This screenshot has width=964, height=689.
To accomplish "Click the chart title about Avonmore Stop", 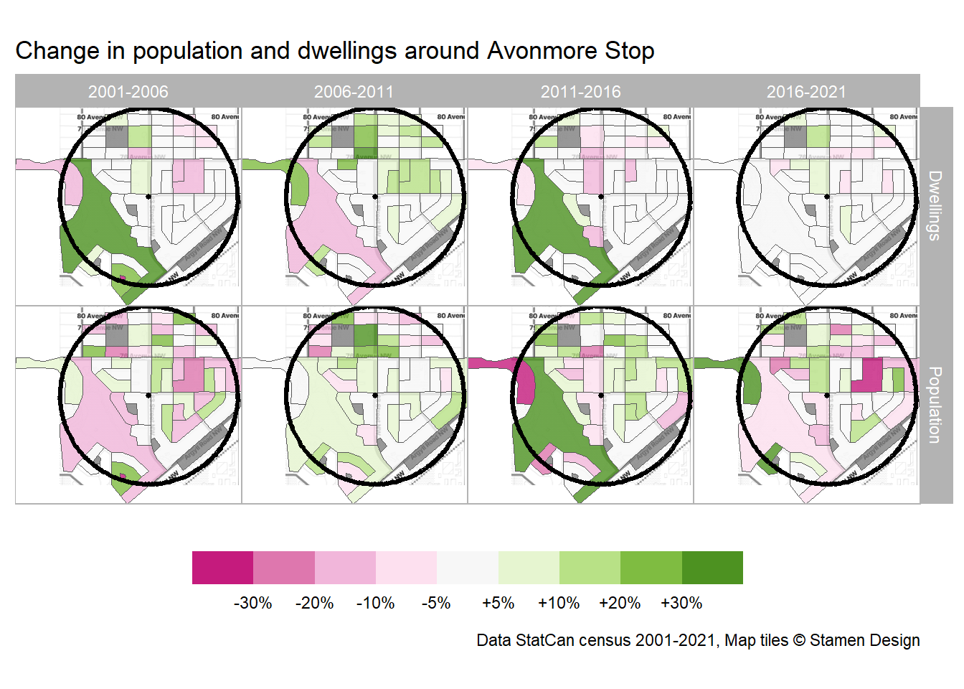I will [334, 51].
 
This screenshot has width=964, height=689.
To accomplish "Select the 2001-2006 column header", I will [128, 92].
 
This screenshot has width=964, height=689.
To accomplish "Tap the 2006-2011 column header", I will [354, 92].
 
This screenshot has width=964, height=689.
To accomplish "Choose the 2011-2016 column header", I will [580, 92].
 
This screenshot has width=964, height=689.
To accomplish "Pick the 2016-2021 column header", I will [806, 92].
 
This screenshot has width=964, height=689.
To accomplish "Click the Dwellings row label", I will [935, 205].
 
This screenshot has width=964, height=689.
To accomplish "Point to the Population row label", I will [935, 405].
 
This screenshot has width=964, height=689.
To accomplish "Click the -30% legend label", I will [252, 603].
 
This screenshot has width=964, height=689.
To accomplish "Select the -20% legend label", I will [314, 603].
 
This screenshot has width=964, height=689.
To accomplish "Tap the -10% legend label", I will [375, 603].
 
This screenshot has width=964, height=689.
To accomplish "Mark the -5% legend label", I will [436, 603].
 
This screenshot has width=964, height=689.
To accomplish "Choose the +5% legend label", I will [498, 603].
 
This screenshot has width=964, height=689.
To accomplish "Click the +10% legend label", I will [559, 603].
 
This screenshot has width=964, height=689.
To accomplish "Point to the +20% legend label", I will [620, 603].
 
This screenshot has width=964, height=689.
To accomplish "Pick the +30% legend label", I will [681, 603].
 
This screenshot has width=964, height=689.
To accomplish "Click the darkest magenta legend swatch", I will [222, 568].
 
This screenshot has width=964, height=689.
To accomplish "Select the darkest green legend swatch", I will [712, 568].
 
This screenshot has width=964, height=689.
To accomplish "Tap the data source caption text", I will [698, 640].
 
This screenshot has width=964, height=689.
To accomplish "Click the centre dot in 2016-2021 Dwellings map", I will [827, 197].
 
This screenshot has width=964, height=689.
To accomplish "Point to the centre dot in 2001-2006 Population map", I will [148, 395].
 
